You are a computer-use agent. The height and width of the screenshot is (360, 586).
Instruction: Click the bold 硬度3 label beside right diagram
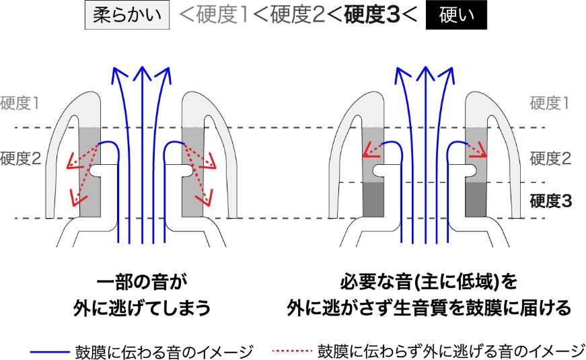[x=550, y=201]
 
